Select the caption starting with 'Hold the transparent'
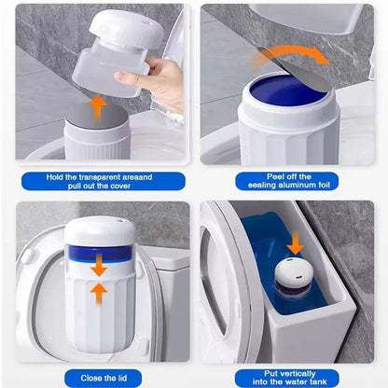[98, 180]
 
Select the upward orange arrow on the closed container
[98, 291]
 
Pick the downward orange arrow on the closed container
[98, 270]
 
